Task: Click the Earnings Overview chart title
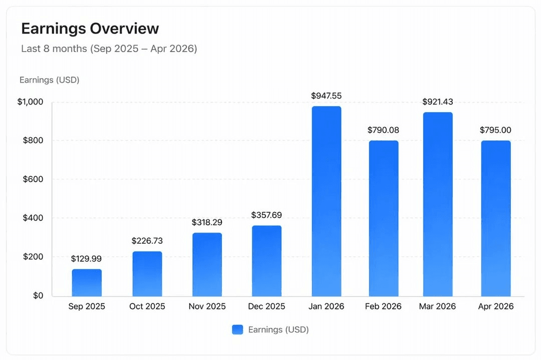click(90, 29)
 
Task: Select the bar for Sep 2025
click(87, 282)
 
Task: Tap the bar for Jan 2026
click(326, 201)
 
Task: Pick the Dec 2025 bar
click(266, 261)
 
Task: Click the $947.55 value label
click(326, 96)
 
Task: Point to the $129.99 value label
click(86, 259)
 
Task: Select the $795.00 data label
click(495, 130)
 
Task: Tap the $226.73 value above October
click(147, 241)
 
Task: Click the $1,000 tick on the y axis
click(31, 102)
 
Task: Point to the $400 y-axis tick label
click(34, 218)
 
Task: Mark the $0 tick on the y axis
click(38, 295)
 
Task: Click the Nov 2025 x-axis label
click(207, 306)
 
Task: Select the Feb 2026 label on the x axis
click(384, 306)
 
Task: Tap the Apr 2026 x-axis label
click(495, 306)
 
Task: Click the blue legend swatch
click(237, 329)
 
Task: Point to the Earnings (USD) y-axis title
click(49, 80)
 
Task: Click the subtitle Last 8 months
click(109, 49)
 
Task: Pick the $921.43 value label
click(438, 102)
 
